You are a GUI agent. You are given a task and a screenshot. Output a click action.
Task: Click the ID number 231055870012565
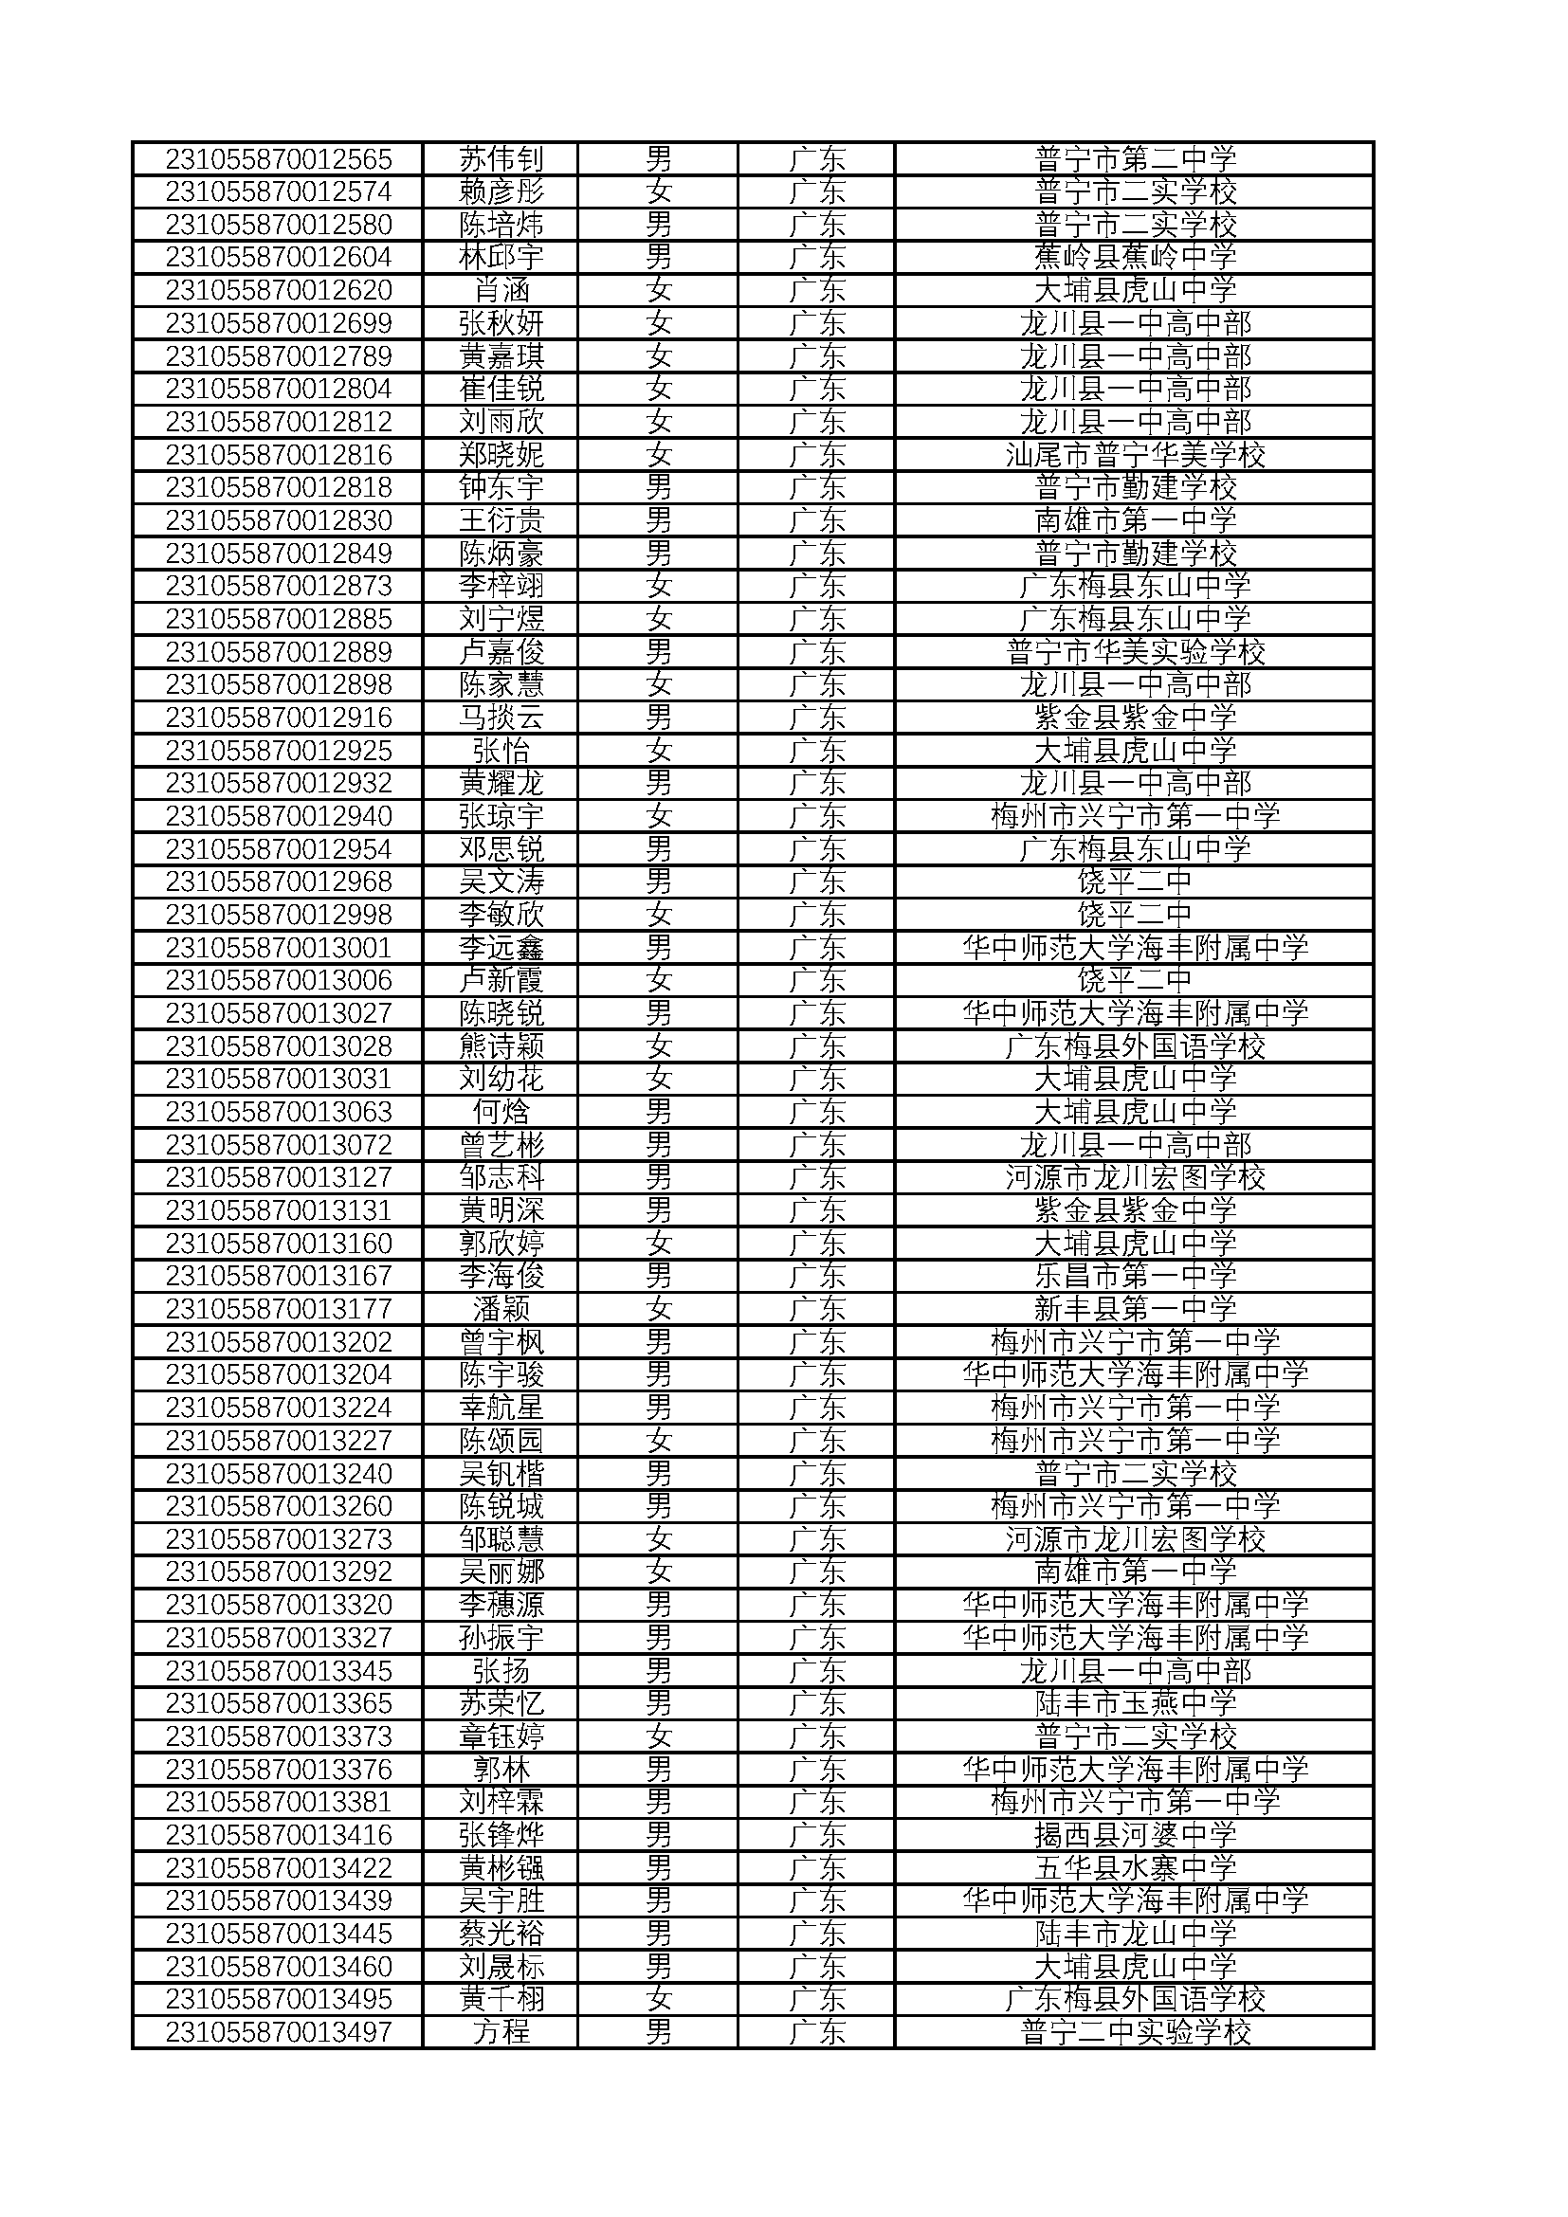tap(278, 158)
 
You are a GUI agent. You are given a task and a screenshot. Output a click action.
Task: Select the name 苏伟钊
tap(501, 158)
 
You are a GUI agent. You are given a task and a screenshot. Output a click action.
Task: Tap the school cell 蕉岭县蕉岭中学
tap(1135, 257)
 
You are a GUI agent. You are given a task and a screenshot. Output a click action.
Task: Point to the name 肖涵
tap(501, 290)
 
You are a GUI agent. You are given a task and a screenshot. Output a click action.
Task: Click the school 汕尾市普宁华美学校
tap(1135, 455)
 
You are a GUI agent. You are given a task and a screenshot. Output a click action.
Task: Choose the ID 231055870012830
tap(278, 520)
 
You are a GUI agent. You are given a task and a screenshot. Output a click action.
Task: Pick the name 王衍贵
tap(501, 520)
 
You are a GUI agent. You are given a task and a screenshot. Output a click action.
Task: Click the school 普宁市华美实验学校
tap(1135, 652)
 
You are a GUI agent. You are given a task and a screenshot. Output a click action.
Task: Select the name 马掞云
tap(501, 718)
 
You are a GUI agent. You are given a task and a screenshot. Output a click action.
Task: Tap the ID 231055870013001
tap(278, 948)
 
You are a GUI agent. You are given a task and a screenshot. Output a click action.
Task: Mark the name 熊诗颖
tap(501, 1046)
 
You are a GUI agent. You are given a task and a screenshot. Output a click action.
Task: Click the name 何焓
tap(501, 1113)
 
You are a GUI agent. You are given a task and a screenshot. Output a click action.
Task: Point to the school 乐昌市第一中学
tap(1135, 1277)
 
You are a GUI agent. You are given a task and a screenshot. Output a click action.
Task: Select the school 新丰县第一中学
tap(1135, 1309)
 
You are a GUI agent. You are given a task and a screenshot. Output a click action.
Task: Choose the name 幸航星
tap(501, 1408)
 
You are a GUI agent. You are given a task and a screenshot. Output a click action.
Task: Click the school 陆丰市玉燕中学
tap(1135, 1703)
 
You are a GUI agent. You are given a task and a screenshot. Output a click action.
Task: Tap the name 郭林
tap(501, 1770)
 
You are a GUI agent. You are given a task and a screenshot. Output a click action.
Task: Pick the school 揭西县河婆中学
tap(1135, 1836)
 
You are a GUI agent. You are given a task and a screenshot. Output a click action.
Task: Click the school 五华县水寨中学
tap(1135, 1868)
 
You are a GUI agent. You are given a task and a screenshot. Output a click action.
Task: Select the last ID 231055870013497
tap(278, 2032)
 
